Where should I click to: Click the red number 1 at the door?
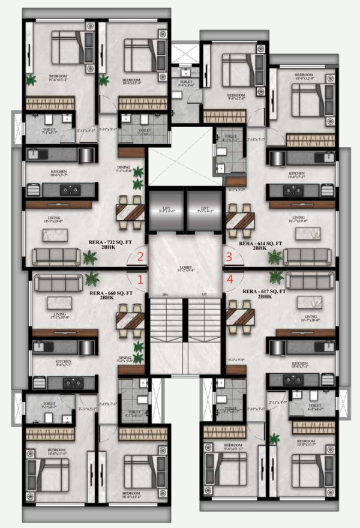(x=140, y=279)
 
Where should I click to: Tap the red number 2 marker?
(x=140, y=257)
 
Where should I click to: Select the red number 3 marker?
(x=229, y=257)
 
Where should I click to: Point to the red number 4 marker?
(x=229, y=279)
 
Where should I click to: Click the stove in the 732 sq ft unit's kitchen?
(x=71, y=190)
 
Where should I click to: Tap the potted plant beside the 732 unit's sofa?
(x=90, y=257)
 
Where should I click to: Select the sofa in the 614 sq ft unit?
(x=306, y=256)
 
